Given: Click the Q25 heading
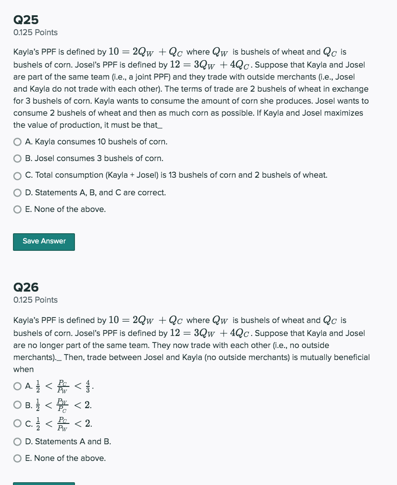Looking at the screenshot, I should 26,19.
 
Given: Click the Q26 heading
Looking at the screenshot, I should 26,287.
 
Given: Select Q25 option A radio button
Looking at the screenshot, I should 18,142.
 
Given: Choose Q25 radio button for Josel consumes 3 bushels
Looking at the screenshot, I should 18,159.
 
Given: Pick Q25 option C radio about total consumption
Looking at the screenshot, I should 18,175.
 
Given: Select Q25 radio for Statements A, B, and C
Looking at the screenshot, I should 18,193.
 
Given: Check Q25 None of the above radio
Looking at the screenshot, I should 18,210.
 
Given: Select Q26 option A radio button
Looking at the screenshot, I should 18,386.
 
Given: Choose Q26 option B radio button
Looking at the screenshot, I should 18,405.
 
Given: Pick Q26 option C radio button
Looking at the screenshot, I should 18,423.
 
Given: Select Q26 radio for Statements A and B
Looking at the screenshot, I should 18,442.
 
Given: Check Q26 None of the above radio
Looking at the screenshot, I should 18,459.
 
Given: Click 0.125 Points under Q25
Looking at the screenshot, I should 36,32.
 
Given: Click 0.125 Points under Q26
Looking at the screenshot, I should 36,300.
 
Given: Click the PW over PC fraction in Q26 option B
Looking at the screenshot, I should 62,405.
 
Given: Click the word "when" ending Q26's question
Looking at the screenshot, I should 23,369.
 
